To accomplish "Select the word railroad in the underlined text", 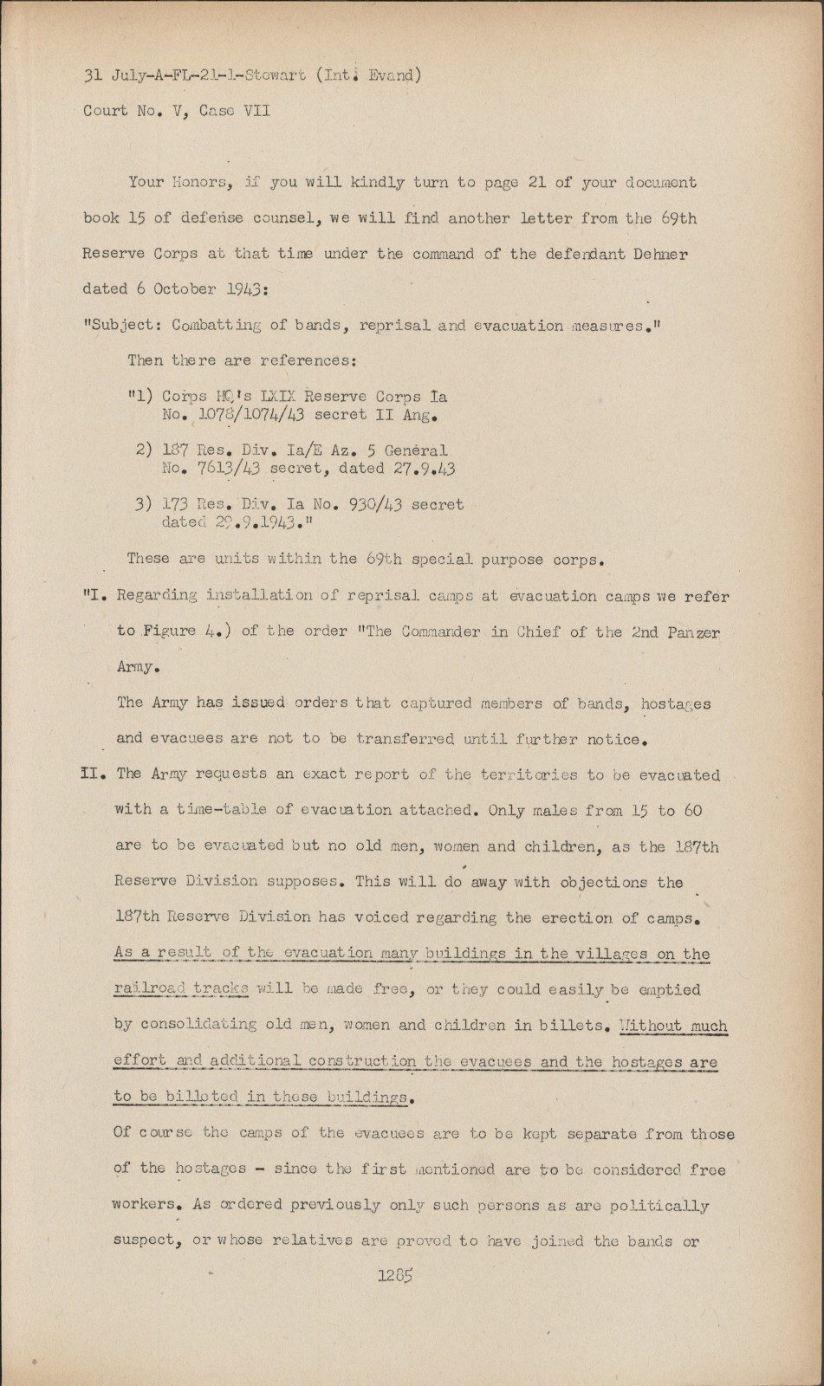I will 147,989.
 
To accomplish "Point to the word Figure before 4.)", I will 170,631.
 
